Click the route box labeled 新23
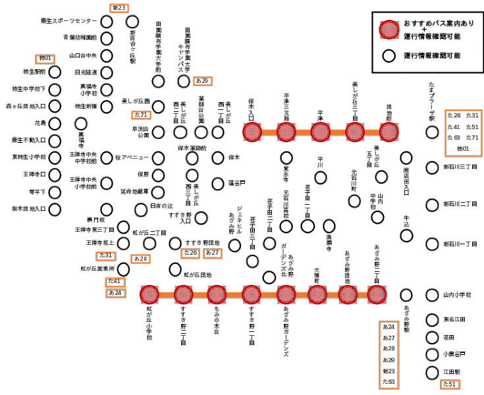point(119,7)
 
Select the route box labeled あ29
point(203,81)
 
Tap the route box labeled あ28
point(141,259)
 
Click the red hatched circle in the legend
point(390,30)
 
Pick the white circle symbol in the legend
point(390,56)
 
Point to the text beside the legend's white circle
point(432,56)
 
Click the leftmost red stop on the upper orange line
point(251,132)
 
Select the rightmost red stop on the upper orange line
point(389,132)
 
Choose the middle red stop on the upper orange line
point(319,132)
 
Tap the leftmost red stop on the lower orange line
point(149,294)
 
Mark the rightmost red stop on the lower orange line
point(375,294)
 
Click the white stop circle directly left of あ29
point(183,82)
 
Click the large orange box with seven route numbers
point(463,132)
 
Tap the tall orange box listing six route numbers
point(389,354)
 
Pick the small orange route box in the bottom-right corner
point(450,384)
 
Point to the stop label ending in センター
point(68,22)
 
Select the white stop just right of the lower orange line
point(406,295)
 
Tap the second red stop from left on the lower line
point(183,294)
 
